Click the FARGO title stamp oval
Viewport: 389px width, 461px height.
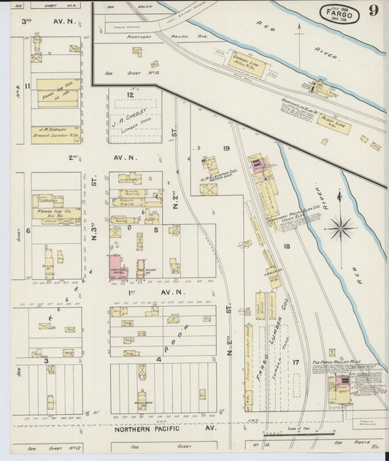(339, 12)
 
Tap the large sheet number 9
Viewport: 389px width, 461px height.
(373, 11)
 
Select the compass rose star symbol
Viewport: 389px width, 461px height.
(340, 229)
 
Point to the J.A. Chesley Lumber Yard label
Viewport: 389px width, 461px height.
(131, 114)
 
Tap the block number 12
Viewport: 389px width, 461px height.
(131, 95)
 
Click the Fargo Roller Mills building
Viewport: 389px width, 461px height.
(339, 388)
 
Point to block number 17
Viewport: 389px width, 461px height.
(296, 362)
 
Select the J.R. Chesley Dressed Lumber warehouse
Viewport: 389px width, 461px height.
(55, 134)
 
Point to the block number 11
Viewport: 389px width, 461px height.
(27, 87)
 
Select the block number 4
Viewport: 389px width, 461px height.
(158, 359)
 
